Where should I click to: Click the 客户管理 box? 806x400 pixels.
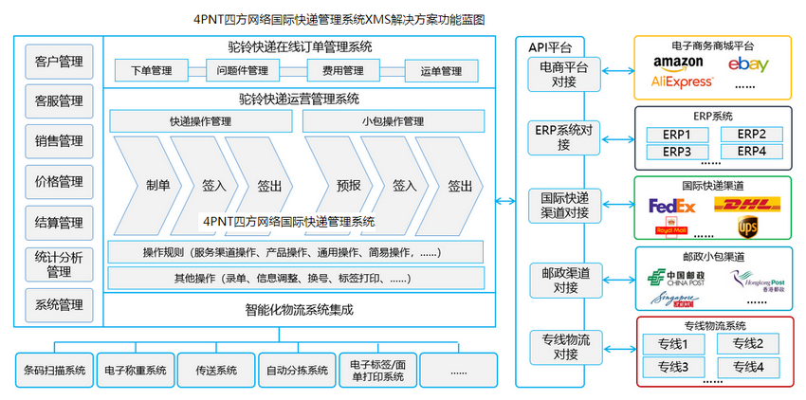58,63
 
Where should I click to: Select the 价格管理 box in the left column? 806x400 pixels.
58,181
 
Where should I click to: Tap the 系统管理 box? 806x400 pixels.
58,304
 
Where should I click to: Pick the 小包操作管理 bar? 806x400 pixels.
393,121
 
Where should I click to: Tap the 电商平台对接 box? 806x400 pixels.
564,74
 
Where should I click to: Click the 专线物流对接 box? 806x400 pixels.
564,347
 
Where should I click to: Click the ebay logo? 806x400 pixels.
748,64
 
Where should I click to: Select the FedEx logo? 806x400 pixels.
671,206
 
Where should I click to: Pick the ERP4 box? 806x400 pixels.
751,151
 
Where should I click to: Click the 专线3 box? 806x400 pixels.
672,366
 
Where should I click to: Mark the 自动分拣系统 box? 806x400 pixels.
297,370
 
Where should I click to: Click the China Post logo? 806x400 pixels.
671,277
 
